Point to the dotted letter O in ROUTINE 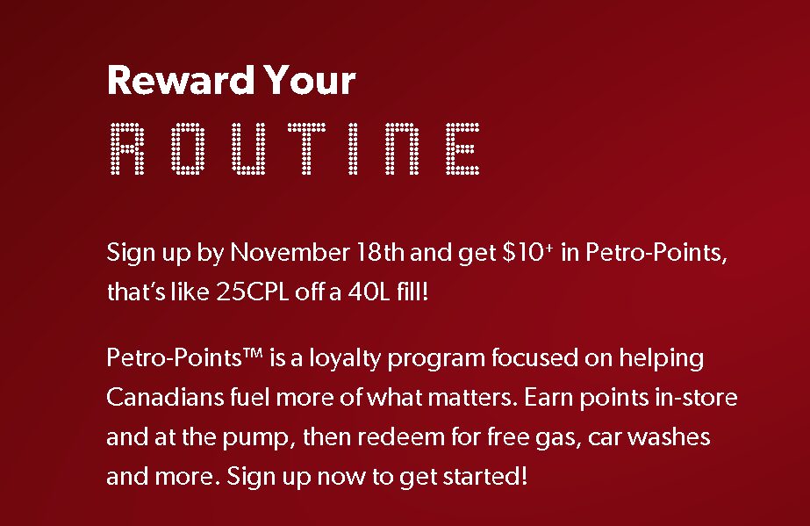(186, 148)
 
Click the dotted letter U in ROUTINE (245, 148)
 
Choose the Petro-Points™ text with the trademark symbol (185, 359)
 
